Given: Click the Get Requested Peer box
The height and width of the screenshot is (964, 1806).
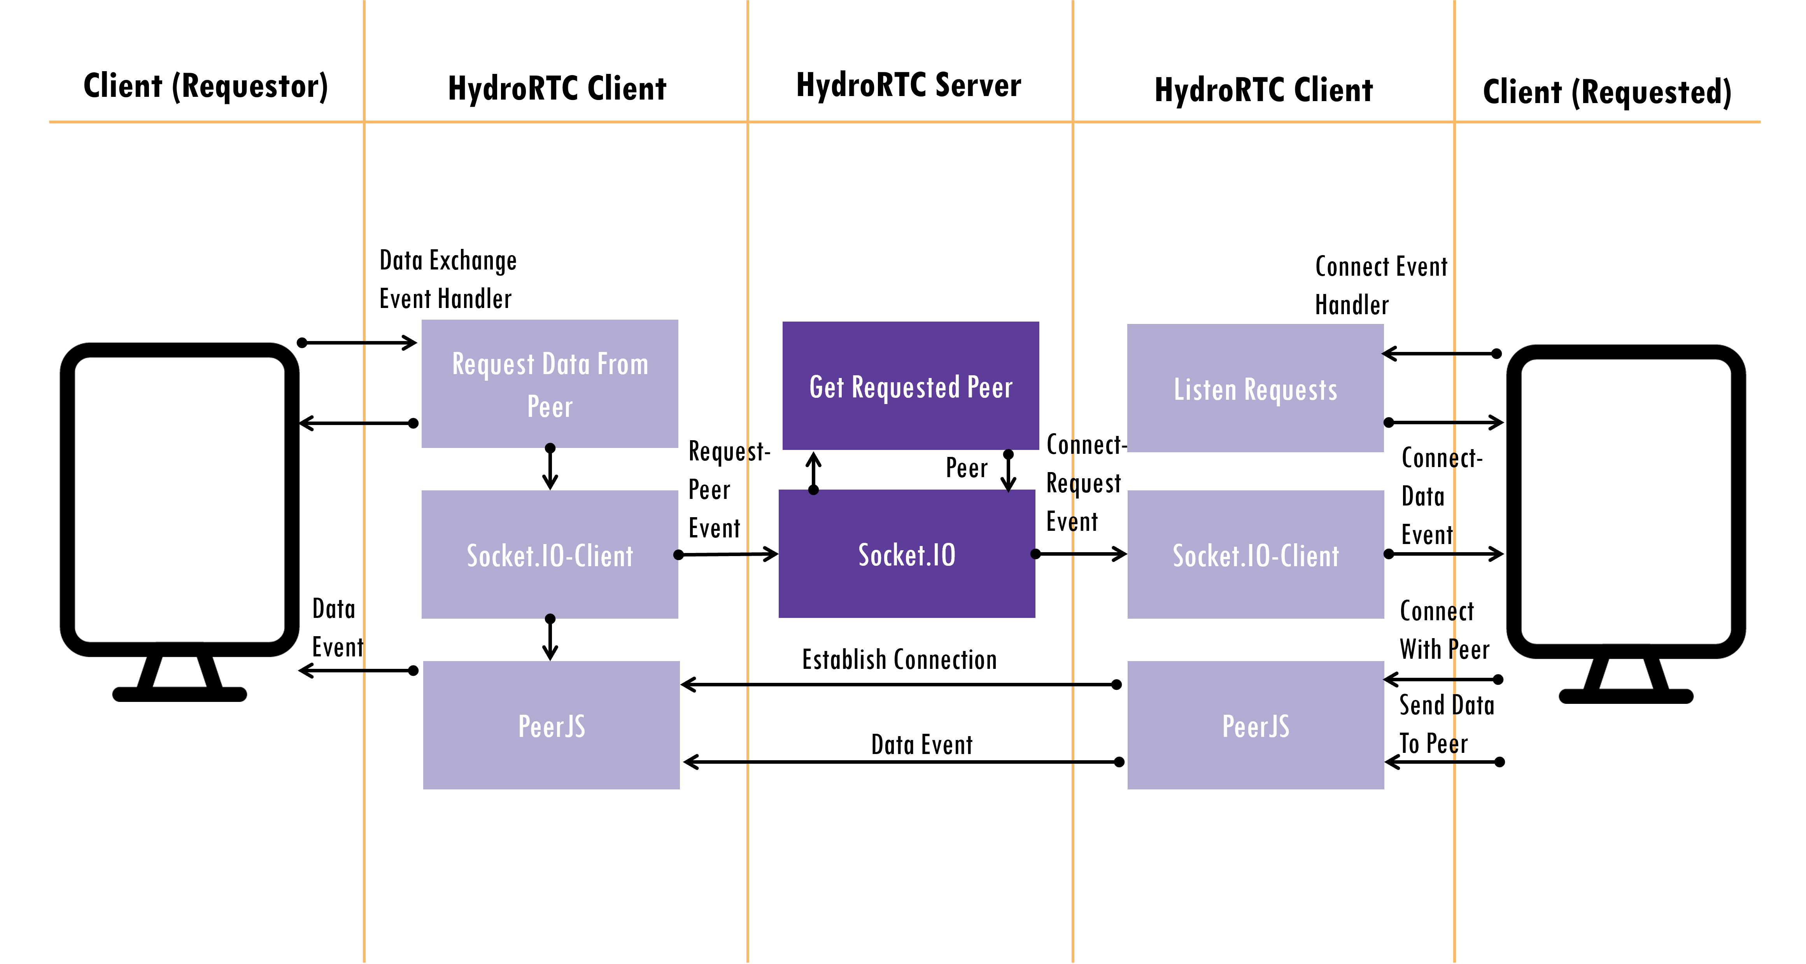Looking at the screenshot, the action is pyautogui.click(x=910, y=386).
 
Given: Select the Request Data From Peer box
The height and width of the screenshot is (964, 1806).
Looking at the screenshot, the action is pyautogui.click(x=550, y=383).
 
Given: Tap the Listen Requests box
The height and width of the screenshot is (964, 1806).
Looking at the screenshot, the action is pyautogui.click(x=1255, y=388).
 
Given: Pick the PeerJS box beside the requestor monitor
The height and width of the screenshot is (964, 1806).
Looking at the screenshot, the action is pyautogui.click(x=551, y=725).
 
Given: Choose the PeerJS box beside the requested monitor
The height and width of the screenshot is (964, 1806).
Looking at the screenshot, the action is pyautogui.click(x=1255, y=725).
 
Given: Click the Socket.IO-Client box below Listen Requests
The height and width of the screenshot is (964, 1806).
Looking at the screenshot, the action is pyautogui.click(x=1255, y=554).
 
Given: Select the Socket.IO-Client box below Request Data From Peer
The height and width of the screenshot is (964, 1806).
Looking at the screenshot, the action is pyautogui.click(x=550, y=554).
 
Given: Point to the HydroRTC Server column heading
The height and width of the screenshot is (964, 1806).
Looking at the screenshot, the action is pyautogui.click(x=909, y=85).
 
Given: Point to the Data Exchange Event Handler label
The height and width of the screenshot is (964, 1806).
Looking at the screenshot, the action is pyautogui.click(x=448, y=279).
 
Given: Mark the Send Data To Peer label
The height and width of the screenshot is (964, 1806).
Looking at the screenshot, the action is pyautogui.click(x=1446, y=724).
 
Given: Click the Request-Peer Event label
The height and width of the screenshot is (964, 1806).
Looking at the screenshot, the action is pyautogui.click(x=729, y=489).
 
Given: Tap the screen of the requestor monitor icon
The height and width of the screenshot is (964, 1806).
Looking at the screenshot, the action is pyautogui.click(x=179, y=499).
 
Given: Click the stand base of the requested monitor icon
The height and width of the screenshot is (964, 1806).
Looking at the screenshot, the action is pyautogui.click(x=1626, y=696).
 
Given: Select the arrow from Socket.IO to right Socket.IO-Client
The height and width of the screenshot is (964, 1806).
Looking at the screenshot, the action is pyautogui.click(x=1081, y=554).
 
